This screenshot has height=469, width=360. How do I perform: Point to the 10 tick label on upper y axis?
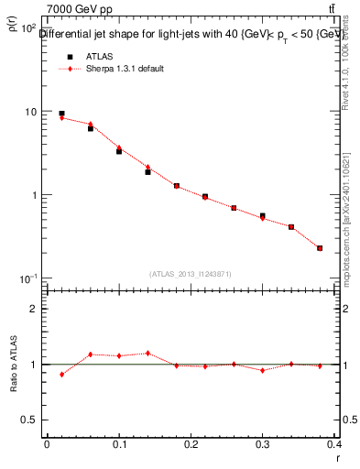point(29,112)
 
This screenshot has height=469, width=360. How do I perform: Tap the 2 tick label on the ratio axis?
point(34,309)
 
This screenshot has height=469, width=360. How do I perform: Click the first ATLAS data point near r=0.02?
point(61,114)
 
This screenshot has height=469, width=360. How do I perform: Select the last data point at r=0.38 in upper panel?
point(320,247)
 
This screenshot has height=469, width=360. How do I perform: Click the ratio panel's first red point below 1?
point(61,374)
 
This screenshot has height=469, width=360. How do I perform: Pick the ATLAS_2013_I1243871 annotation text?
point(190,273)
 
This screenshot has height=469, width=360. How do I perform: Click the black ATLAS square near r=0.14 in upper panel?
point(147,171)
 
